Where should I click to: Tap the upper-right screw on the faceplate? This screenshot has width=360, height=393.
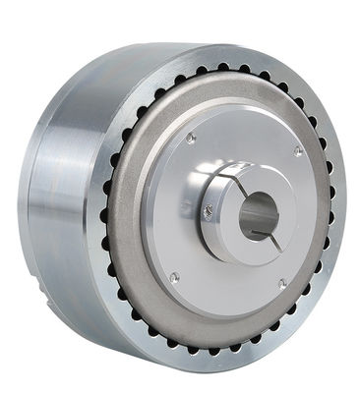(x=297, y=150)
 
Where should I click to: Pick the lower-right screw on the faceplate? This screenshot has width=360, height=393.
(x=281, y=284)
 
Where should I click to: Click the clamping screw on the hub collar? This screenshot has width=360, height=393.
(x=209, y=208)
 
